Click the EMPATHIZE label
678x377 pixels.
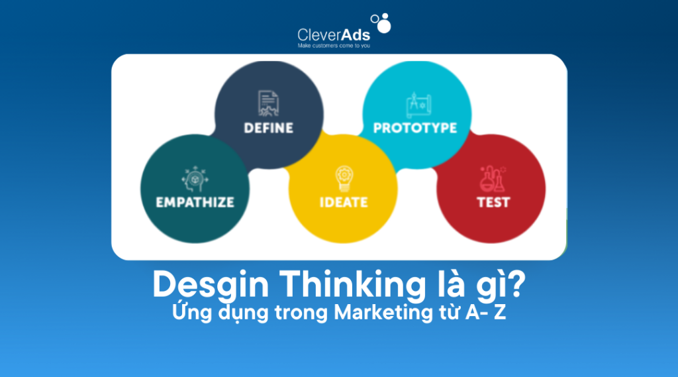pos(195,202)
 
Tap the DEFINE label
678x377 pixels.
pos(268,127)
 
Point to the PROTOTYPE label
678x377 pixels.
pos(415,127)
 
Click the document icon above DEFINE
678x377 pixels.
pos(268,104)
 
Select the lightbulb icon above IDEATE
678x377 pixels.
pos(343,178)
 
